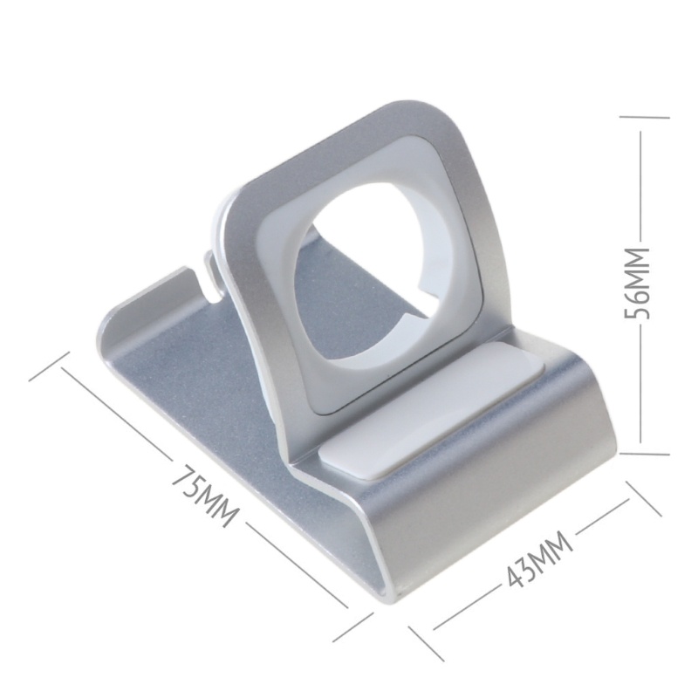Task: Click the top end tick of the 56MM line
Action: (644, 116)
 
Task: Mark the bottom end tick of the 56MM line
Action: (644, 454)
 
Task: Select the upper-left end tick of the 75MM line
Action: (49, 366)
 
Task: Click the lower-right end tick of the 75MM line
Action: (353, 626)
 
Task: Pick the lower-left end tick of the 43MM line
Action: (426, 642)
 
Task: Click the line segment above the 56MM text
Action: (643, 183)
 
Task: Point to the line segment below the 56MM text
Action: (643, 384)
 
